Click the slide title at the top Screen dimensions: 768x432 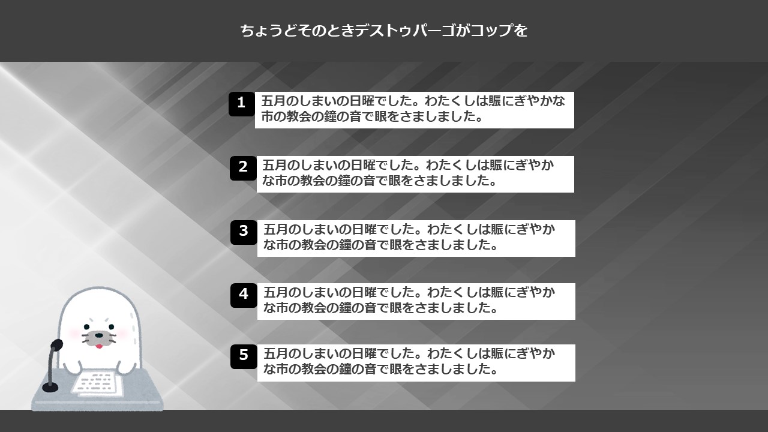(383, 31)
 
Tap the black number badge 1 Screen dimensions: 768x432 (242, 104)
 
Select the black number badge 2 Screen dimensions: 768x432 (243, 168)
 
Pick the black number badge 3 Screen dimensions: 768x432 (244, 232)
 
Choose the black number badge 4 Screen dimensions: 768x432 (244, 295)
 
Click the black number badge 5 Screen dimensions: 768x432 (244, 356)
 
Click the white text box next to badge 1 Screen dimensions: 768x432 (415, 110)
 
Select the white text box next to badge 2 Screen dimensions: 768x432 (415, 174)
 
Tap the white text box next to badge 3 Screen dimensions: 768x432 (416, 238)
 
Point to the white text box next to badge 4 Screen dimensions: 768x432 (416, 301)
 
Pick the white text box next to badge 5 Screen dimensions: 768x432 (416, 363)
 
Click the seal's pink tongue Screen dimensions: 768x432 (99, 346)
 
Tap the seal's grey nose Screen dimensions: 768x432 (99, 335)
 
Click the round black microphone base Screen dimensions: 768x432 (50, 388)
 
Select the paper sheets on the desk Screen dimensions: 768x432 (97, 383)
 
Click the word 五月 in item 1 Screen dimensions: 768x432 (273, 101)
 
